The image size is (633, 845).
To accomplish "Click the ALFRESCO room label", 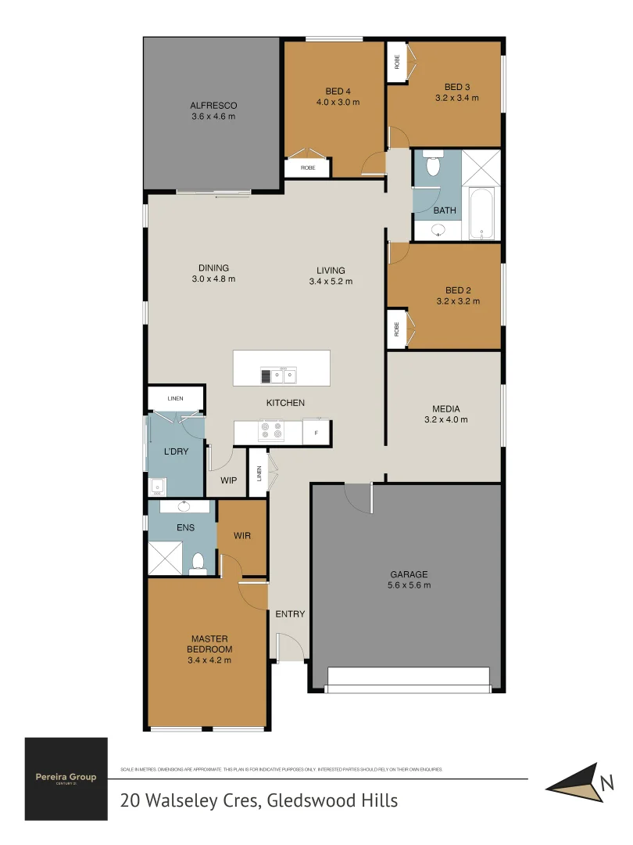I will [213, 106].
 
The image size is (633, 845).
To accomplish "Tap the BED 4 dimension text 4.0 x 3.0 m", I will [338, 102].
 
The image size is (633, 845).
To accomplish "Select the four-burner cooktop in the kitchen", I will [270, 431].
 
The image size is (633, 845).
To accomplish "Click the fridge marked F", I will [316, 432].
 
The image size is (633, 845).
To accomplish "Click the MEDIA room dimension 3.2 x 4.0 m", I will [446, 419].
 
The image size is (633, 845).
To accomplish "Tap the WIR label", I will [241, 536].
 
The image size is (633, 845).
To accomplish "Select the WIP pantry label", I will [228, 480].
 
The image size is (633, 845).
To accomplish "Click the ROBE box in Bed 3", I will [397, 62].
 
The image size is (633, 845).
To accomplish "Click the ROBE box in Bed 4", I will [308, 167].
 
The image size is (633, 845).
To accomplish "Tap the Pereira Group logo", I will [66, 778].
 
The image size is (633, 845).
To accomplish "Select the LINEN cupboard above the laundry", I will [176, 398].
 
